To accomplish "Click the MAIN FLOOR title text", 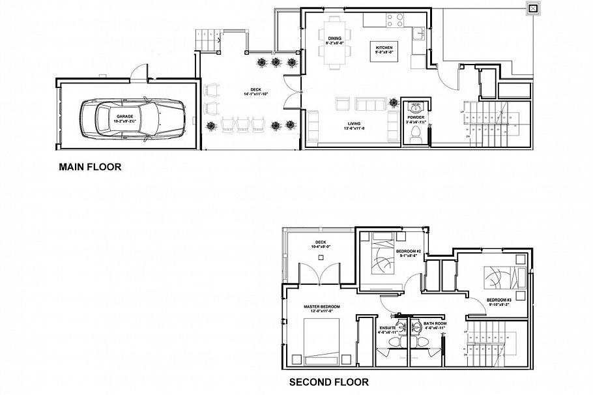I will pyautogui.click(x=90, y=168).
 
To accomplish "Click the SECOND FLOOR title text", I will pyautogui.click(x=329, y=383).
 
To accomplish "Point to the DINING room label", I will pyautogui.click(x=334, y=38).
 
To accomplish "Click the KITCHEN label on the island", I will pyautogui.click(x=384, y=49).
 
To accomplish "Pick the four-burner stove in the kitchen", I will pyautogui.click(x=396, y=21).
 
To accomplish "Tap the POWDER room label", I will pyautogui.click(x=415, y=117).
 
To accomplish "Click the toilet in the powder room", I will pyautogui.click(x=415, y=134).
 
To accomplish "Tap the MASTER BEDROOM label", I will pyautogui.click(x=321, y=306).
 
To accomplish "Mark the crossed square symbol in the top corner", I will pyautogui.click(x=533, y=8).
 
